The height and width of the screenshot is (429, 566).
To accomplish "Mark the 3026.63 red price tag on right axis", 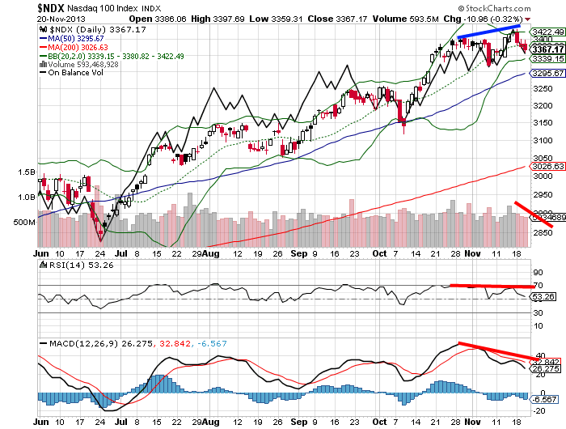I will coord(544,167).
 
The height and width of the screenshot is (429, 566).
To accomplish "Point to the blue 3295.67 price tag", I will coord(544,73).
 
